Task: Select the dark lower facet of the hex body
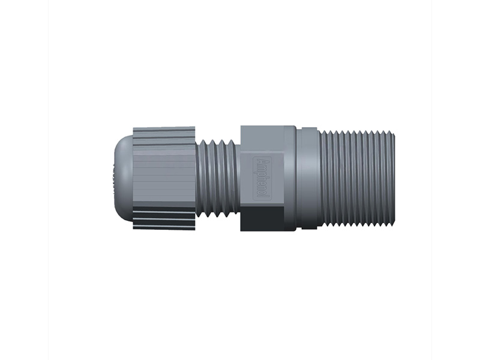264,218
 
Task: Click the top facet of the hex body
264,136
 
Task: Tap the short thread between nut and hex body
217,178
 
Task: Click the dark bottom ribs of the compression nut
163,218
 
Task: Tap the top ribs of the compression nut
163,137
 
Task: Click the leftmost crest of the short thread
201,178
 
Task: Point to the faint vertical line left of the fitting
49,180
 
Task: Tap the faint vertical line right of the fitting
431,180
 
